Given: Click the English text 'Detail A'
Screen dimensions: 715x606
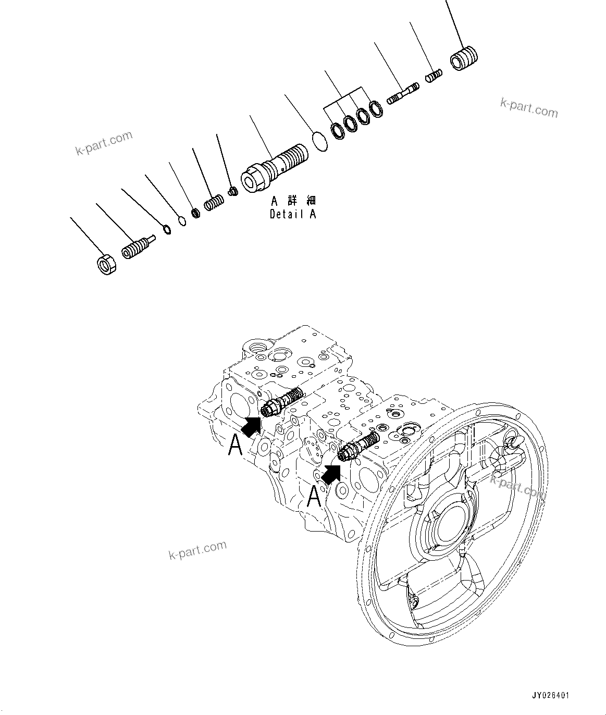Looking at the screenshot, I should [x=293, y=214].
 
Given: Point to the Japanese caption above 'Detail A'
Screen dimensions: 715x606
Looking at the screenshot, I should [x=293, y=201].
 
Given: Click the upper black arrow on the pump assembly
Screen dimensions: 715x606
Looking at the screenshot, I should [x=252, y=426].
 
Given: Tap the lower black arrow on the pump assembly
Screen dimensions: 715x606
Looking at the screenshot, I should [x=331, y=473].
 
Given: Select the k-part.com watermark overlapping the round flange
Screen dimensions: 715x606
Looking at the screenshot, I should [x=517, y=485].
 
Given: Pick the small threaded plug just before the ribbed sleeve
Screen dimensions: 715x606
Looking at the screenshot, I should [x=434, y=76].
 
